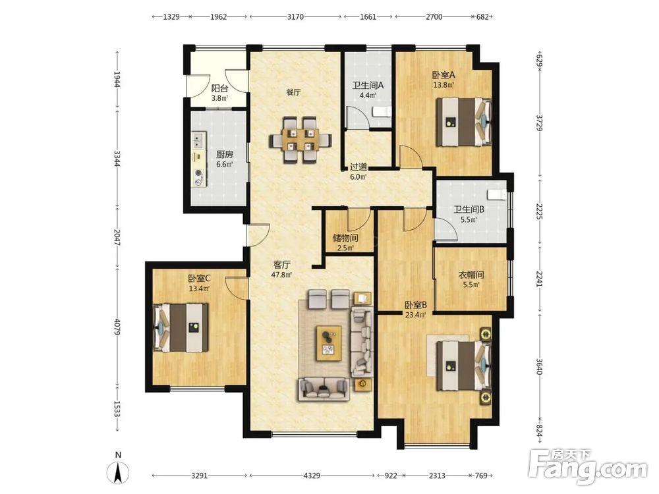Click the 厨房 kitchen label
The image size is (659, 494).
[x=225, y=155]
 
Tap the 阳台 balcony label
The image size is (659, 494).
[x=220, y=89]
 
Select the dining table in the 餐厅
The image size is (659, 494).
[x=300, y=140]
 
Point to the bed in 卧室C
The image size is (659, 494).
[x=181, y=327]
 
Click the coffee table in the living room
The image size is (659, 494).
[x=329, y=343]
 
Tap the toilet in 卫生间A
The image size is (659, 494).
[x=382, y=112]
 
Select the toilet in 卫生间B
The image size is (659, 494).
[x=497, y=195]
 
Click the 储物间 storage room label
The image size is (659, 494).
[x=345, y=238]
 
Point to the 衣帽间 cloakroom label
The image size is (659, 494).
[x=471, y=275]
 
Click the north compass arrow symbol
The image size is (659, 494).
[x=119, y=472]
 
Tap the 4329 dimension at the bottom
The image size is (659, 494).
[x=312, y=476]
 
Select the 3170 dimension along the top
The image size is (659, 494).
[x=295, y=17]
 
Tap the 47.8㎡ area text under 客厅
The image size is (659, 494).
[x=281, y=275]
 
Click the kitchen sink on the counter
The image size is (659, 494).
[x=198, y=141]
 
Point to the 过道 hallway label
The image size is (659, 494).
[x=358, y=167]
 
